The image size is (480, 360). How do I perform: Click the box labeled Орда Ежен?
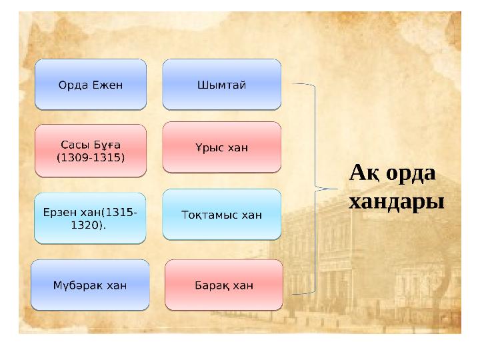click(x=91, y=85)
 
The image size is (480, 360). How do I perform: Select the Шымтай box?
click(x=221, y=85)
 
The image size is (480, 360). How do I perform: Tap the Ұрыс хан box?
click(x=221, y=147)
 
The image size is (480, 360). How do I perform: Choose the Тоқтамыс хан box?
click(x=221, y=214)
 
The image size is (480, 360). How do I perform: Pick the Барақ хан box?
click(x=224, y=285)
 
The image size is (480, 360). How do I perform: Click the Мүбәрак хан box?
click(x=90, y=285)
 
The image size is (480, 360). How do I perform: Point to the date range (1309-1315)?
click(x=91, y=157)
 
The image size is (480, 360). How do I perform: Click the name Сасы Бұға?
click(x=91, y=145)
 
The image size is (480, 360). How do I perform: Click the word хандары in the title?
click(x=397, y=203)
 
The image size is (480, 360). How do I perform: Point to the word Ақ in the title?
click(x=365, y=173)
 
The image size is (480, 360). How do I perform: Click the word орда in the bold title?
click(x=411, y=174)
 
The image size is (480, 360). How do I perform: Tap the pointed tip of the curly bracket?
click(x=337, y=189)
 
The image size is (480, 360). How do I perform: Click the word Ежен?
click(x=107, y=85)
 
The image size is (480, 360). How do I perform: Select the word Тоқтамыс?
click(x=209, y=215)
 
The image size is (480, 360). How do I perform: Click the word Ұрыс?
click(x=209, y=148)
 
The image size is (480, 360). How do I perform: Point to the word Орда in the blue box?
click(x=73, y=85)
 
